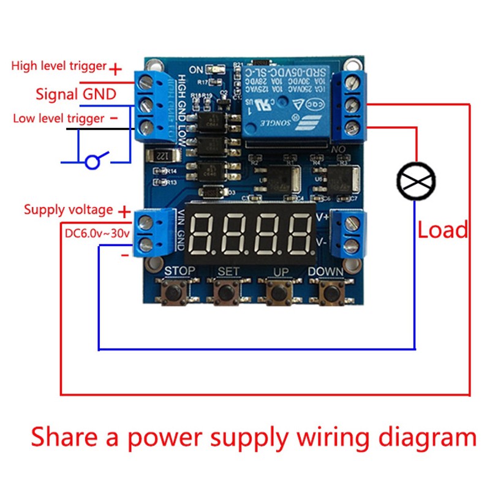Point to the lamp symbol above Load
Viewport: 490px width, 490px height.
click(x=416, y=180)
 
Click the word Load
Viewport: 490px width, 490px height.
click(x=442, y=230)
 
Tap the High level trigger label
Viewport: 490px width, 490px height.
click(x=59, y=66)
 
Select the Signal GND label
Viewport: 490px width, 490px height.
click(x=76, y=94)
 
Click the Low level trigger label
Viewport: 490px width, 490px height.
click(x=59, y=118)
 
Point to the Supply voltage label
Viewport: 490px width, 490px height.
click(x=68, y=209)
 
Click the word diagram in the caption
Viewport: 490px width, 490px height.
click(x=429, y=438)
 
